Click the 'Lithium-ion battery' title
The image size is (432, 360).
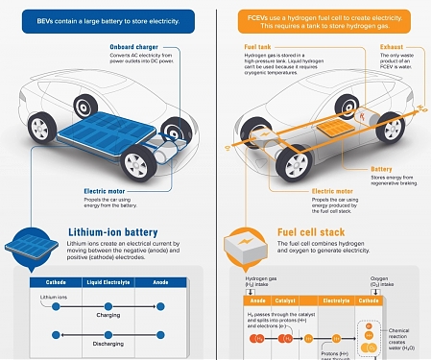[112, 233]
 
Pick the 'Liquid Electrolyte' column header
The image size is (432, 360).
[108, 282]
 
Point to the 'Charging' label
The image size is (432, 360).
[108, 314]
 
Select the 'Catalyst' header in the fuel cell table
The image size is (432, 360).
[283, 300]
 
